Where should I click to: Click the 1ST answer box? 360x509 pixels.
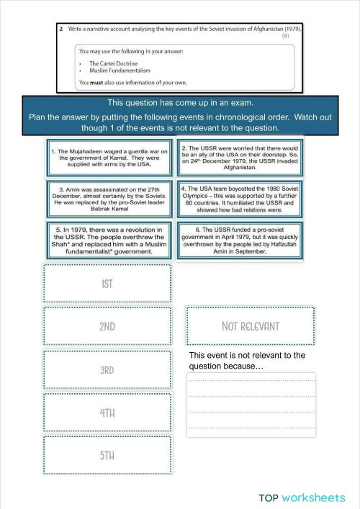click(107, 283)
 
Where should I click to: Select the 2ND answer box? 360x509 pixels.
click(107, 325)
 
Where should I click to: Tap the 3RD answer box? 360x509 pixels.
click(107, 369)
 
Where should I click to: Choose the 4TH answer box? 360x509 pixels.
click(107, 412)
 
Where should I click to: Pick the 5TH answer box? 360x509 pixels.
click(107, 454)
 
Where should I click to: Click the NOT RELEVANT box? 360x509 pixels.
click(250, 325)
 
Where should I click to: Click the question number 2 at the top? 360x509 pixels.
click(62, 29)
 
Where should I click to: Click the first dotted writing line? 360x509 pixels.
click(251, 380)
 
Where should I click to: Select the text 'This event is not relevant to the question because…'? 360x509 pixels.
click(247, 361)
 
